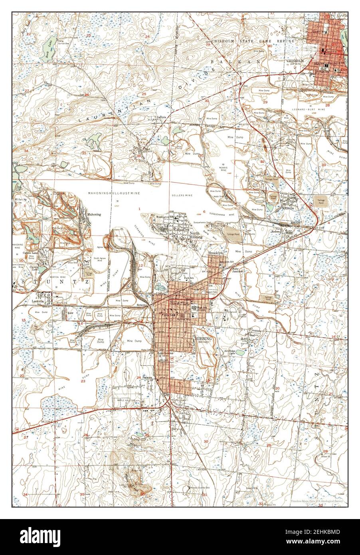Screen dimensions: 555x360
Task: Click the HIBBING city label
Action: (204, 339)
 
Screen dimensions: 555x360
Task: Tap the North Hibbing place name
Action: (196, 235)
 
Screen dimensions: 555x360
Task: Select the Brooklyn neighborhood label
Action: (215, 254)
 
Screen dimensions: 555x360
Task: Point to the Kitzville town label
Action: (288, 208)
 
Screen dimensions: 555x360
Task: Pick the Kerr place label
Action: (71, 313)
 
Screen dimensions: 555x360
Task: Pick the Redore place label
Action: (277, 232)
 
